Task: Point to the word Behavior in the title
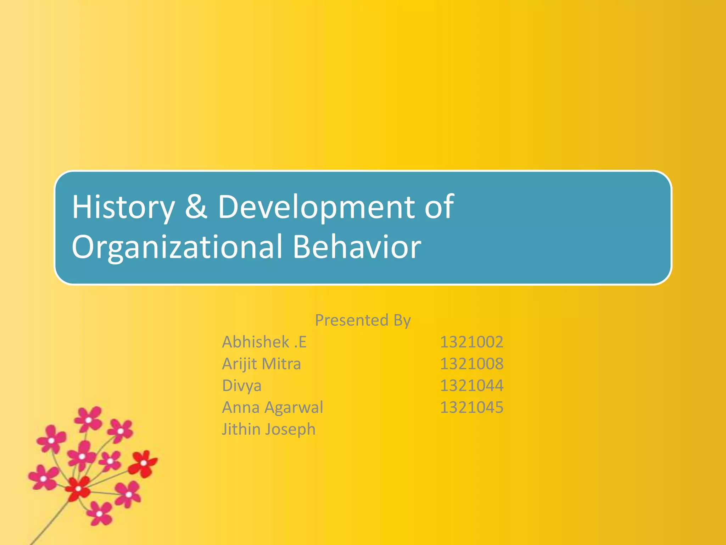pos(357,247)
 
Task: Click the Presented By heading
pos(363,320)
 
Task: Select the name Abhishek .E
pos(264,342)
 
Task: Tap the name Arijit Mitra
pos(261,364)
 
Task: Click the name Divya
pos(242,386)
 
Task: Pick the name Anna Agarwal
pos(272,407)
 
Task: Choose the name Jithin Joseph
pos(268,429)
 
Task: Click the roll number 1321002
pos(471,342)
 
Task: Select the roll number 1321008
pos(471,364)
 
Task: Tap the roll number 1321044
pos(471,386)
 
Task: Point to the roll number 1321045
pos(471,407)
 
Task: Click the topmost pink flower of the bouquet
pos(88,419)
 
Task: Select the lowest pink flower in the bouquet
pos(100,513)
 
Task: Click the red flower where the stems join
pos(78,489)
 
